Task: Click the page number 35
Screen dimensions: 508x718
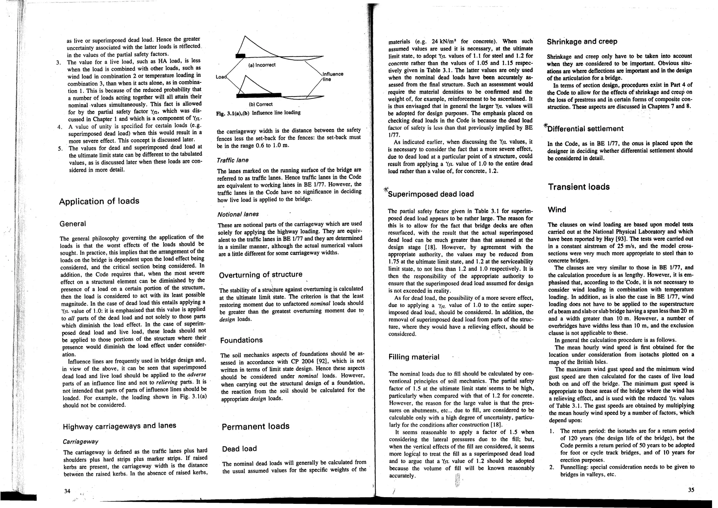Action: click(x=691, y=490)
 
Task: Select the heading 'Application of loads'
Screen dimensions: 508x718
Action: click(x=99, y=201)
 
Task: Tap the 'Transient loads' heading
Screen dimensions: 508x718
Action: click(x=579, y=187)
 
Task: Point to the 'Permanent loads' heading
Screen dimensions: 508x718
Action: click(x=256, y=426)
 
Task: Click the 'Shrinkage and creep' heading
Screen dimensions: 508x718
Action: click(x=582, y=42)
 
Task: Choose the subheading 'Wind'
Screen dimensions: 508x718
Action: click(x=557, y=210)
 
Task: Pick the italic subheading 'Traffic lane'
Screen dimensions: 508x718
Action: click(x=233, y=160)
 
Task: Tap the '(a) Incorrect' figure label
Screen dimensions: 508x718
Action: click(x=262, y=65)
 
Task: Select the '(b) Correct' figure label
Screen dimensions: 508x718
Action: click(x=260, y=104)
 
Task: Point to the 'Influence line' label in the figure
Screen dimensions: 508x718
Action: click(x=333, y=76)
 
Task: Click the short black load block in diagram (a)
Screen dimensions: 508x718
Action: click(x=241, y=55)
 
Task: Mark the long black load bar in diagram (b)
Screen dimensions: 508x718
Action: click(x=259, y=95)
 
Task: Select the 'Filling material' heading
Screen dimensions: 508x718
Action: click(x=414, y=357)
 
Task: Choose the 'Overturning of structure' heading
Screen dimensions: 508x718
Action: click(x=260, y=275)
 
